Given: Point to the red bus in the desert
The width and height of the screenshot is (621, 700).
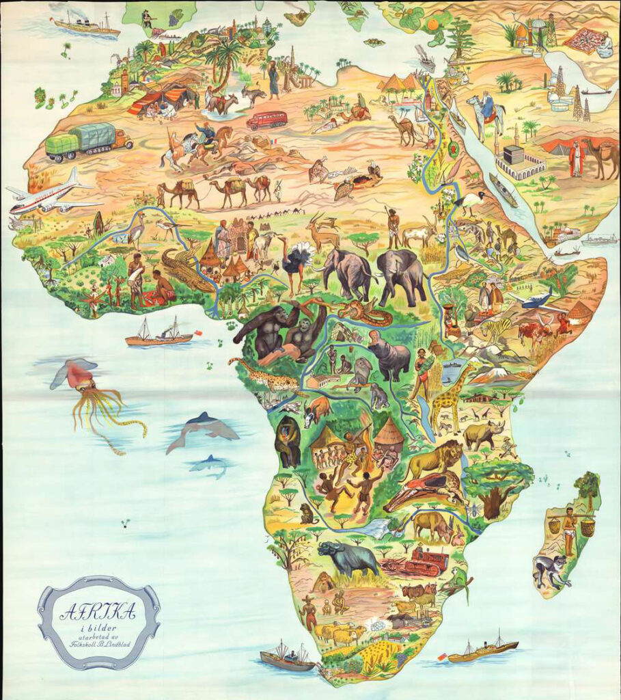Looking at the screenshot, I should tap(266, 120).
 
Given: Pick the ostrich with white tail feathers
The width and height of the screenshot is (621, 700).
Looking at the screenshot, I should tap(296, 262).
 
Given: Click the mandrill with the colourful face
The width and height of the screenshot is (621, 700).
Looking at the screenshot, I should tap(288, 441).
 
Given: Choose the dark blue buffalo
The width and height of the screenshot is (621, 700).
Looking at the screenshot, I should tap(347, 557).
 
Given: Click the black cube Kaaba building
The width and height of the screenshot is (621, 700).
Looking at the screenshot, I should tap(513, 155).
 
